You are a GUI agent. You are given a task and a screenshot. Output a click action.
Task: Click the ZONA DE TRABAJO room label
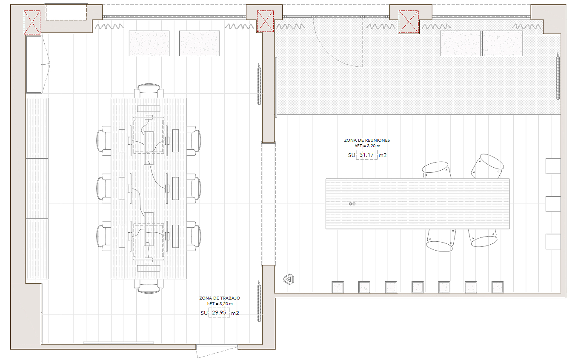point(220,298)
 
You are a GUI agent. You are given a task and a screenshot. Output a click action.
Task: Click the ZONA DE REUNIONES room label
point(367,140)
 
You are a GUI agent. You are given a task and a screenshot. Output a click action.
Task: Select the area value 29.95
point(219,312)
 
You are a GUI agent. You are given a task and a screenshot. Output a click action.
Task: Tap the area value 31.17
point(366,155)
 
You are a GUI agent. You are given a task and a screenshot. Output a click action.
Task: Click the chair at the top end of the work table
point(149,91)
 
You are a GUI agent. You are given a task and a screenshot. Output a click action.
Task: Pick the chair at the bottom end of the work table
point(149,286)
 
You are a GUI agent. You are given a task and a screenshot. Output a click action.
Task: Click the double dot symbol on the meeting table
point(352,204)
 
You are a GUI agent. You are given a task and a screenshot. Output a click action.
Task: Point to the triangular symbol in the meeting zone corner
point(289,280)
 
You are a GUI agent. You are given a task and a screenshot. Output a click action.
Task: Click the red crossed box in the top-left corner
point(32,22)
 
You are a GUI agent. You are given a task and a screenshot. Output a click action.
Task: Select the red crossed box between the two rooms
point(266,21)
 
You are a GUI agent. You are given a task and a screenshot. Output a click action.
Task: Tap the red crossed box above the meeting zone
point(409,22)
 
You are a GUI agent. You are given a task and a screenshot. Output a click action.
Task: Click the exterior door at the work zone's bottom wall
point(217,351)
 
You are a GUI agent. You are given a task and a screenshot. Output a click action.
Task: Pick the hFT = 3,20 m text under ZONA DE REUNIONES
point(367,146)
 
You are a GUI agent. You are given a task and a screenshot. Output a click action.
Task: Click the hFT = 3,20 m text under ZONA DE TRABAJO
point(220,303)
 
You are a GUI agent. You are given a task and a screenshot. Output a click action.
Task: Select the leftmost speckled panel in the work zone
point(149,43)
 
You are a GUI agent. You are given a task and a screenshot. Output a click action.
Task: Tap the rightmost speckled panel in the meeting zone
point(502,43)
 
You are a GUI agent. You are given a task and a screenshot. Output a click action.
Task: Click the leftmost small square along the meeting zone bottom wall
point(338,287)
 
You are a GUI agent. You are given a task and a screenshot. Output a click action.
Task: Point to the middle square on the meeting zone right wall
point(553,204)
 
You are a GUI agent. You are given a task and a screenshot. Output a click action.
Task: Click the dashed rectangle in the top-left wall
point(66,12)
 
